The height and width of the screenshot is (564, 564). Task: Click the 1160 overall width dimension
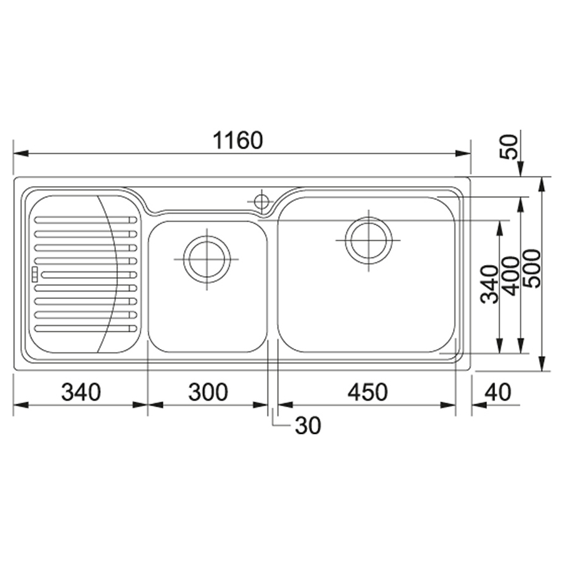click(x=238, y=140)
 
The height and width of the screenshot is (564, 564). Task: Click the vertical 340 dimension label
click(x=490, y=284)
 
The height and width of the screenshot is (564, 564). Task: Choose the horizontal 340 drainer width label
click(x=81, y=392)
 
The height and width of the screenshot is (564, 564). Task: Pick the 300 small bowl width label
click(x=208, y=392)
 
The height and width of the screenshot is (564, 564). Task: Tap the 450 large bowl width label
click(x=368, y=392)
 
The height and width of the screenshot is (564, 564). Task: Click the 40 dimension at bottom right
click(x=498, y=392)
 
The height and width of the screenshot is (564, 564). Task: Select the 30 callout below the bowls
click(x=308, y=426)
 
